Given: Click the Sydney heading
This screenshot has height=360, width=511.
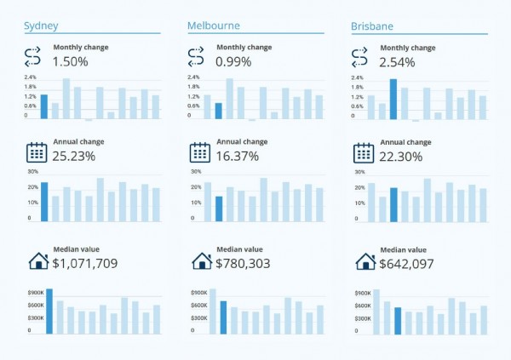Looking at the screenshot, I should point(41,26).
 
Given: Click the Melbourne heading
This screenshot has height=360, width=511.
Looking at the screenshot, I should point(213,26).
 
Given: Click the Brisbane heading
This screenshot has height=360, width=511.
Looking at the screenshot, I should point(372,26).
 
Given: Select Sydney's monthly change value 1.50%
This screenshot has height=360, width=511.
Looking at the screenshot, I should point(70,62).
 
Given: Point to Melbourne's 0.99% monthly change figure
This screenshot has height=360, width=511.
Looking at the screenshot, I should point(233,62).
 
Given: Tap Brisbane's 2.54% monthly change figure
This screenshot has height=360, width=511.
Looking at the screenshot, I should point(398,62).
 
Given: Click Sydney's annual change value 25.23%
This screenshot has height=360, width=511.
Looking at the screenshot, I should point(74,157).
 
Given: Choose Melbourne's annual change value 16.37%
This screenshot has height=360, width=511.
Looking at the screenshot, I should point(238,157).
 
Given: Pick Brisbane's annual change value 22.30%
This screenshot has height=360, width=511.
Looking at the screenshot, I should point(402,157).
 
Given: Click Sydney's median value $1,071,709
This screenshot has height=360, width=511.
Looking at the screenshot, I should point(96,264).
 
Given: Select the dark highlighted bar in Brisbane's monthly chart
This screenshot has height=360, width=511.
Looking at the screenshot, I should point(393,99).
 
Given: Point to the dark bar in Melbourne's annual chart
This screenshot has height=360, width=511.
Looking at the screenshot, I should point(219,209).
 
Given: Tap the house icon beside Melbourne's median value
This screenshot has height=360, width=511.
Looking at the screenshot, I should point(201,260).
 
